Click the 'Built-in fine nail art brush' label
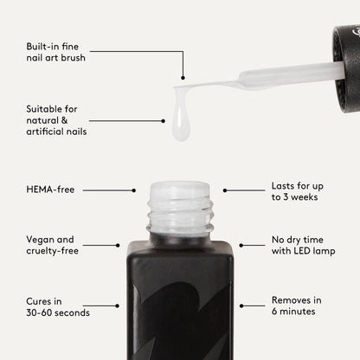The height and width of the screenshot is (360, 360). [x=55, y=52]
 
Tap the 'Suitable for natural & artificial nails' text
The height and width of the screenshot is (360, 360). [x=56, y=120]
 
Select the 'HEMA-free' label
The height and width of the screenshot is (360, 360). [x=50, y=190]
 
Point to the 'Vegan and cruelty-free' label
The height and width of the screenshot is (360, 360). [x=52, y=245]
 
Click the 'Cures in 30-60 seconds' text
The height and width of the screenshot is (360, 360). [x=58, y=307]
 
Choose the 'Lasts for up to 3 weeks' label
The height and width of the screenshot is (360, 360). [x=297, y=191]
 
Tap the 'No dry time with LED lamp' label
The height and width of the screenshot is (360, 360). [x=303, y=245]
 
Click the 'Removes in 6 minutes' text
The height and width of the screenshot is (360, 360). [x=296, y=305]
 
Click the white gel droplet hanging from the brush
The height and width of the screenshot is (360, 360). [x=181, y=119]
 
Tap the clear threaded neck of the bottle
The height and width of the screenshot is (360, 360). [x=180, y=210]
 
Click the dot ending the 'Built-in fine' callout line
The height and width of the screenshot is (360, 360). [x=183, y=78]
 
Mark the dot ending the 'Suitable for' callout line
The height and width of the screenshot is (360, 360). [x=164, y=121]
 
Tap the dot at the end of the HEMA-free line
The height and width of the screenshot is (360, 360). [x=134, y=190]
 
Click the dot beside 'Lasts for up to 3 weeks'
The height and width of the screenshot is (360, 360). [x=225, y=190]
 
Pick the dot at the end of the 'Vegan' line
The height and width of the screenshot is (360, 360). [x=118, y=246]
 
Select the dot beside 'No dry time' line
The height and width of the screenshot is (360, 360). [x=241, y=246]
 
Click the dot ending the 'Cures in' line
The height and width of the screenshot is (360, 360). [x=117, y=305]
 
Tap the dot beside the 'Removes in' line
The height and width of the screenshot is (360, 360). [x=241, y=305]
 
